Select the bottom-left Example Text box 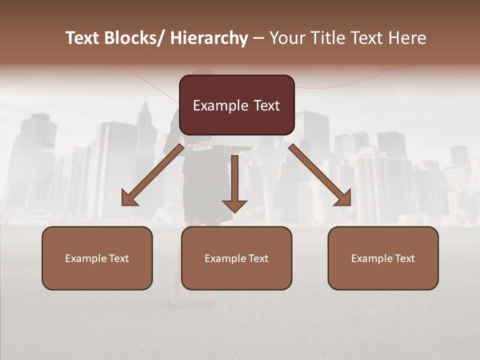coord(97,258)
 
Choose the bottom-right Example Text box coord(383,258)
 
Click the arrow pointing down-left coord(153,175)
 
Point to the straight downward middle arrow coord(234,182)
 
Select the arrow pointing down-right coord(320,175)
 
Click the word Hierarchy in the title coord(209,38)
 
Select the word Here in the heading coord(407,38)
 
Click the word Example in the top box coord(219,105)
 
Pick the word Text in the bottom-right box coord(404,258)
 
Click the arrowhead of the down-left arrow coord(129,198)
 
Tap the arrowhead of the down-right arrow coord(343,198)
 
